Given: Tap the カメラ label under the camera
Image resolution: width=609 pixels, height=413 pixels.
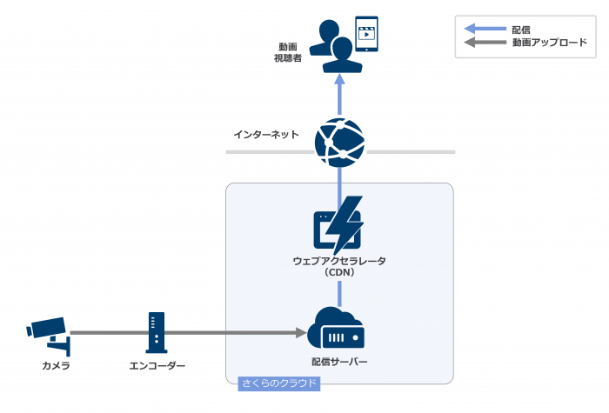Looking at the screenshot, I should point(56,366).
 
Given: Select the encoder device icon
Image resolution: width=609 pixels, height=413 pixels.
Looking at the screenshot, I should point(156,331).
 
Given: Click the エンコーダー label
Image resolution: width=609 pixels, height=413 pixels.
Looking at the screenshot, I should point(156,366).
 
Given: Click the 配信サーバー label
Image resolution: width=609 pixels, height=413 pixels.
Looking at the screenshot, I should point(339,361).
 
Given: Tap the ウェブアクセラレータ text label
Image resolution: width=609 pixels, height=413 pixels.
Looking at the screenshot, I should point(339,261).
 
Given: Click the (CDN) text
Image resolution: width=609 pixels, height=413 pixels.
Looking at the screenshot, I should point(339,272).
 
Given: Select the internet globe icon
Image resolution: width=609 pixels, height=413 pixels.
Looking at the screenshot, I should point(339,141).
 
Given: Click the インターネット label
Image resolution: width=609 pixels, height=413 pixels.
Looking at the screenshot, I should point(266,135).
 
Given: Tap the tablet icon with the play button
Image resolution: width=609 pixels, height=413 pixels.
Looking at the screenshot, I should point(368,34).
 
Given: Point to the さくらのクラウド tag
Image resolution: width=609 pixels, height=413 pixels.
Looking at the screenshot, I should point(278,383).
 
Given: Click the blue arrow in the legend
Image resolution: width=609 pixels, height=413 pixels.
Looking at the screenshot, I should point(486,30).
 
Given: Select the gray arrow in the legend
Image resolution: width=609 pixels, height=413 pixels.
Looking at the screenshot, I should point(486,42).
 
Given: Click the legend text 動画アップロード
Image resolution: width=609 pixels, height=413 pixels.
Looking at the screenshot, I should point(549,42).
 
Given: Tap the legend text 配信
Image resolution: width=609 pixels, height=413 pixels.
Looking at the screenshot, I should point(522,30).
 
